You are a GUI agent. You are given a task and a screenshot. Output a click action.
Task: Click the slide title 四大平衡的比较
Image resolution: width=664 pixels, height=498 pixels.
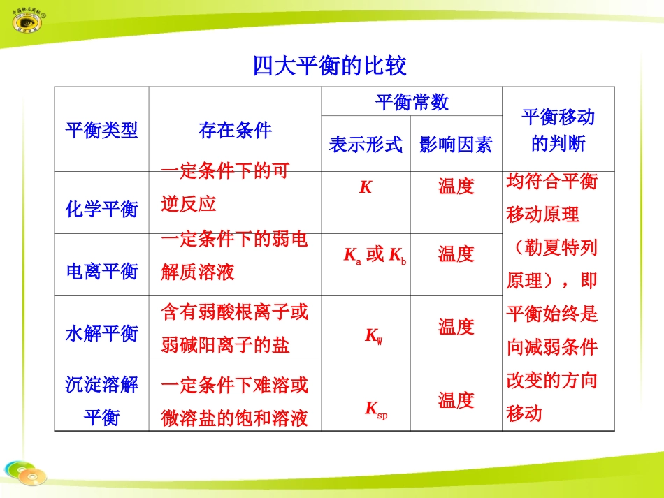329,66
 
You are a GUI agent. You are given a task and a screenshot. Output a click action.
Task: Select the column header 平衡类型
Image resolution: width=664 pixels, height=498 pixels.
101,130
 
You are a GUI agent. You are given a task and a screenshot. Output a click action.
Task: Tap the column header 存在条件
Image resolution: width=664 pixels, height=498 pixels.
235,130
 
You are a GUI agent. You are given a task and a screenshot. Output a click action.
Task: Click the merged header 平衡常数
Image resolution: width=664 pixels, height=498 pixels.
411,102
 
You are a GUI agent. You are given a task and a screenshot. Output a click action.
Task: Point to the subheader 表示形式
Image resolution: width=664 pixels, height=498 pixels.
366,145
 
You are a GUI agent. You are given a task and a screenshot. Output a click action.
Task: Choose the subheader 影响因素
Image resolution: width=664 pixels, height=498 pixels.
456,145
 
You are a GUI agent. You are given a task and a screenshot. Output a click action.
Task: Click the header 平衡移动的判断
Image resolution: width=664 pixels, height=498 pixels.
558,130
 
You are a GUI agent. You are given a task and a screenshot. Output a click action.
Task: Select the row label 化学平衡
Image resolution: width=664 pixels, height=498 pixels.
101,209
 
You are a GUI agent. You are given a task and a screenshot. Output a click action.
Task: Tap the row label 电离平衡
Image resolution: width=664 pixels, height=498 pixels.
101,271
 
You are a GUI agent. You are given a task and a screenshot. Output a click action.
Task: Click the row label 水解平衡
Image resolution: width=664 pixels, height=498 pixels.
101,333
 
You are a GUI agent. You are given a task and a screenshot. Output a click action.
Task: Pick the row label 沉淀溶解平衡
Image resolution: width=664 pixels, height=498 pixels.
101,401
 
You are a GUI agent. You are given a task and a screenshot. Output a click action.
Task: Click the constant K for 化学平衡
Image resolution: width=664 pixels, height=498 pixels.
366,186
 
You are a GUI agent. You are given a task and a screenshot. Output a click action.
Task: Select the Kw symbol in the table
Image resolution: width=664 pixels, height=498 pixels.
373,336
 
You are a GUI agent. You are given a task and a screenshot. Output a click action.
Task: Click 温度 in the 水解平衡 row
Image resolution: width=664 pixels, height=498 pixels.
456,326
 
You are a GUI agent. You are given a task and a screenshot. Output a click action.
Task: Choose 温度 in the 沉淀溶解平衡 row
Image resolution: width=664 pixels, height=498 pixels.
456,400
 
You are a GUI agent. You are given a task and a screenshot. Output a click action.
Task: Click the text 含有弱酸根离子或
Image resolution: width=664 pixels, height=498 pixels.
234,312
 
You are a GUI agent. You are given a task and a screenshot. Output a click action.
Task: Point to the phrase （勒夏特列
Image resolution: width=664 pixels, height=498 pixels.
552,247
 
